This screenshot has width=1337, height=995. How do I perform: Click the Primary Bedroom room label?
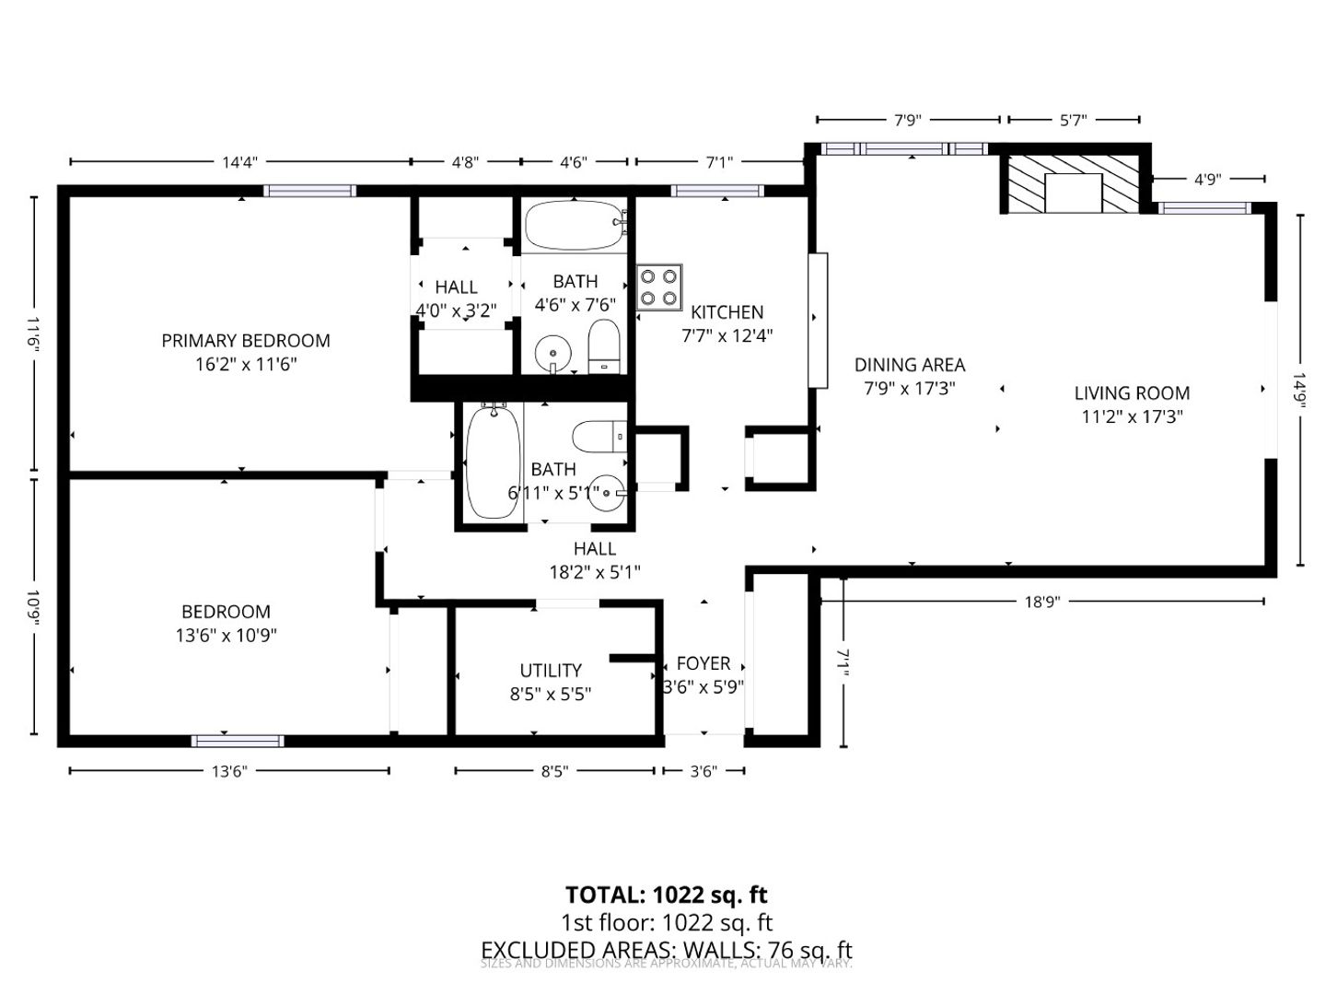click(x=246, y=340)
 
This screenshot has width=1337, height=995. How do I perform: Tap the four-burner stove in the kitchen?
click(x=659, y=287)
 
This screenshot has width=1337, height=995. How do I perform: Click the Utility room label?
click(x=551, y=670)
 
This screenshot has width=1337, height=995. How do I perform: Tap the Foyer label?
click(x=703, y=663)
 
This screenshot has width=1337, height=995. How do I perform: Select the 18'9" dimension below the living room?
click(x=1042, y=602)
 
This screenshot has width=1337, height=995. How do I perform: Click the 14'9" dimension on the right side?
click(x=1299, y=390)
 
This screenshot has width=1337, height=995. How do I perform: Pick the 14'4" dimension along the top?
click(x=239, y=162)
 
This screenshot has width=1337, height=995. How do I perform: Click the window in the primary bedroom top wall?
click(x=309, y=191)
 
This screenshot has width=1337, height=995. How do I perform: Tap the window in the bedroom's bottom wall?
click(x=238, y=741)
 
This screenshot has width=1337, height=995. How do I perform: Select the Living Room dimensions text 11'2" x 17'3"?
click(x=1132, y=416)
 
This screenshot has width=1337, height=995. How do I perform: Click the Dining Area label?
click(x=910, y=365)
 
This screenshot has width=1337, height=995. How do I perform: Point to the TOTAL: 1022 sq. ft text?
click(x=666, y=895)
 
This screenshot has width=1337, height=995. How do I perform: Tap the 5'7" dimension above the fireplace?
click(x=1074, y=120)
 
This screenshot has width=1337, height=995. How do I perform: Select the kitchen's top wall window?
click(x=717, y=191)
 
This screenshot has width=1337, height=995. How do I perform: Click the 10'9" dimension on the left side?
click(x=34, y=608)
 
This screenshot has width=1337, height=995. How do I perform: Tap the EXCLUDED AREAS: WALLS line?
click(x=666, y=950)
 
